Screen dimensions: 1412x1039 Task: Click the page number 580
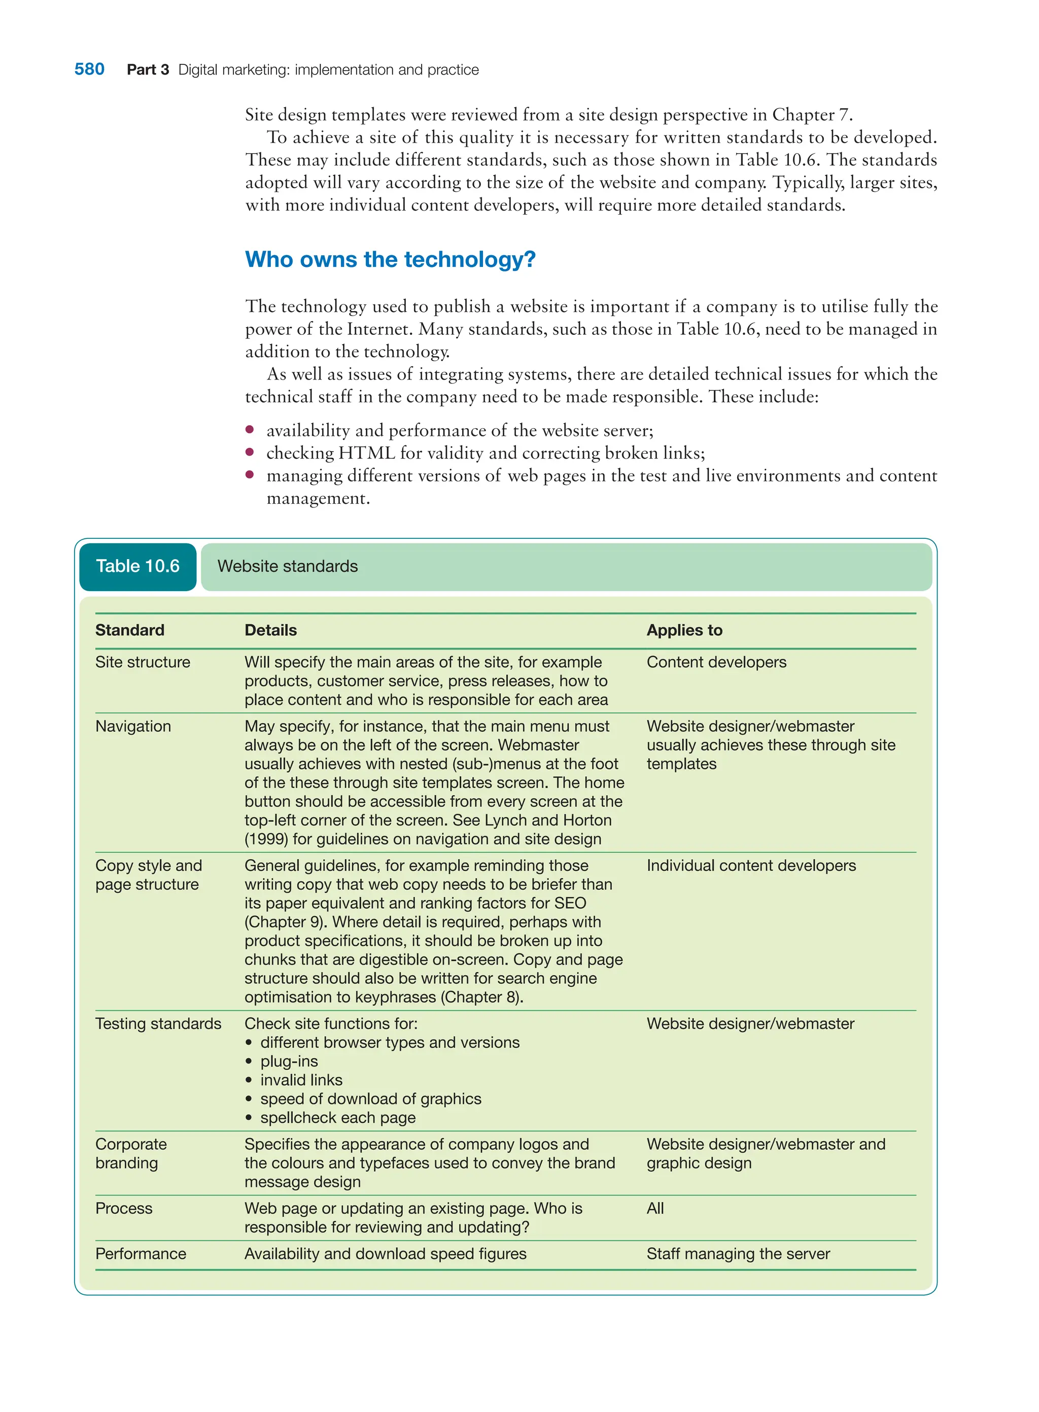pos(89,69)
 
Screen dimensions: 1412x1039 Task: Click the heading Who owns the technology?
pos(390,259)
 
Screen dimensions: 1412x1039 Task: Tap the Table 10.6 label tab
pos(137,566)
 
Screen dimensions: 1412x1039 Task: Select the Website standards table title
pos(288,566)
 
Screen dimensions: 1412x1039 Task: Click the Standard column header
pos(129,630)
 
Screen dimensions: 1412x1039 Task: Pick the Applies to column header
pos(684,630)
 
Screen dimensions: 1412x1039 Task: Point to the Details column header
pos(270,630)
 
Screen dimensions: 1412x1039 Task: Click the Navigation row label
pos(133,726)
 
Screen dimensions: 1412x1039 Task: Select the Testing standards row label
pos(158,1023)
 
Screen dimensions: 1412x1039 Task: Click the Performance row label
pos(140,1254)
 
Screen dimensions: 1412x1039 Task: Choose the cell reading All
pos(655,1208)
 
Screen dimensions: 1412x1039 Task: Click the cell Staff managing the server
pos(738,1254)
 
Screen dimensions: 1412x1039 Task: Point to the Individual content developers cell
pos(751,866)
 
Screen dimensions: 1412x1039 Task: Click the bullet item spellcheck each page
pos(338,1118)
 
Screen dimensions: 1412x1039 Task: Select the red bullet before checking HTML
pos(250,452)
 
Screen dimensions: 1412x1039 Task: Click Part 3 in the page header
pos(148,70)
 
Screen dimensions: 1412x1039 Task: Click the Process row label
pos(124,1208)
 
